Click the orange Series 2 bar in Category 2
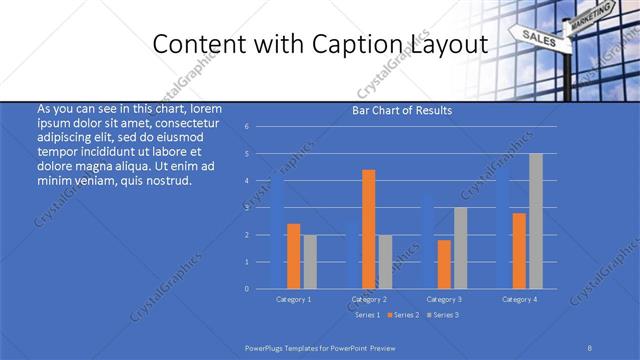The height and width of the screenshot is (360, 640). pos(369,229)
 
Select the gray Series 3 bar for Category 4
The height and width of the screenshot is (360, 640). pos(536,221)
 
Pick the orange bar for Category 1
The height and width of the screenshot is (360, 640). pos(293,256)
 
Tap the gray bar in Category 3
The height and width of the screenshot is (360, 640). pos(460,248)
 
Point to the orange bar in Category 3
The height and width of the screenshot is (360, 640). pos(444,264)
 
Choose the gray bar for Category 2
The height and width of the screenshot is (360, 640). pos(385,262)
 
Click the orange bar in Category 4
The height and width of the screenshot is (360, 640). pos(520,251)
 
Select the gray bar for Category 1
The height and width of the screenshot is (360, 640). pos(309,262)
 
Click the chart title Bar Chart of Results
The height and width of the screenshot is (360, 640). pos(402,110)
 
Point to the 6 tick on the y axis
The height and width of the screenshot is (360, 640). pos(260,127)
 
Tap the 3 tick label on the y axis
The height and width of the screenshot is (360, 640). pos(260,208)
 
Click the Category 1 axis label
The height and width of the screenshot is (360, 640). pos(293,299)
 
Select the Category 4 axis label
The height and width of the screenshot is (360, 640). pos(520,299)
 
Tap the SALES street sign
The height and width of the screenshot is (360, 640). pos(538,38)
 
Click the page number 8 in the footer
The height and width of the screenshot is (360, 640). pos(590,349)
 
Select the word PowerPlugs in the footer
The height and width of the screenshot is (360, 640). pos(266,349)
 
